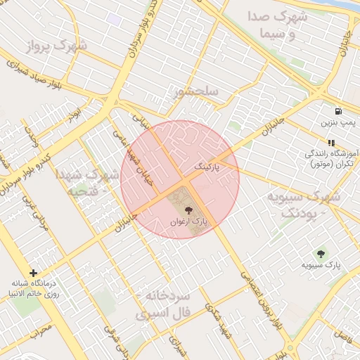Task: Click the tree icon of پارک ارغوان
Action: [x=188, y=210]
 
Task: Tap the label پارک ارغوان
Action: [x=188, y=221]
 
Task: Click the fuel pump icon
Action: [x=339, y=111]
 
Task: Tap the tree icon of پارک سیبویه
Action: [x=321, y=254]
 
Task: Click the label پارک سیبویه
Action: [x=321, y=266]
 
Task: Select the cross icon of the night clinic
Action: [x=33, y=272]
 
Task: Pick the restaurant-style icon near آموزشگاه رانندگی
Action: [x=331, y=143]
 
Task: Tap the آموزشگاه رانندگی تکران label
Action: [x=330, y=158]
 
